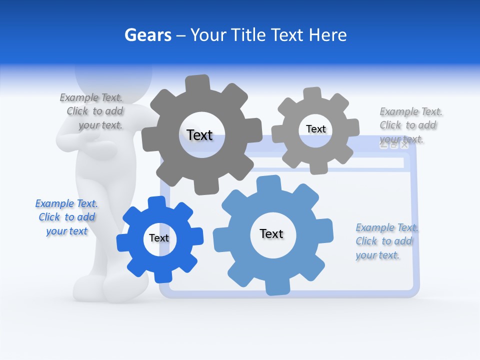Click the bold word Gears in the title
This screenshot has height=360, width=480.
(147, 35)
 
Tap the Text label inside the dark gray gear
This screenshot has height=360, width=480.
(199, 135)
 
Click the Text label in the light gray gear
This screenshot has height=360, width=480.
(315, 129)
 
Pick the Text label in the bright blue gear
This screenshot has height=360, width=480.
(159, 238)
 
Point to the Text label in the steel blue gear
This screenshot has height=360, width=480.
(271, 233)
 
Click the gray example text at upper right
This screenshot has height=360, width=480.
(410, 125)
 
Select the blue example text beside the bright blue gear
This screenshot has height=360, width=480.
(66, 217)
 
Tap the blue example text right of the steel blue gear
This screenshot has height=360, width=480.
(386, 241)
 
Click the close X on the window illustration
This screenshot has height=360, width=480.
(404, 145)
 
